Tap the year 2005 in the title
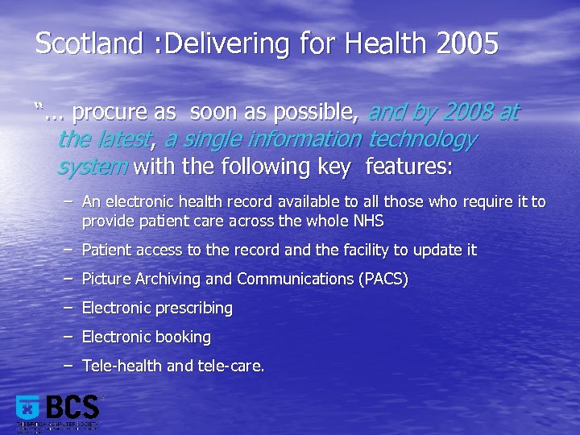point(467,43)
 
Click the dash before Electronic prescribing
point(68,308)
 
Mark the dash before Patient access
point(68,250)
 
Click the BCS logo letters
point(72,406)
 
